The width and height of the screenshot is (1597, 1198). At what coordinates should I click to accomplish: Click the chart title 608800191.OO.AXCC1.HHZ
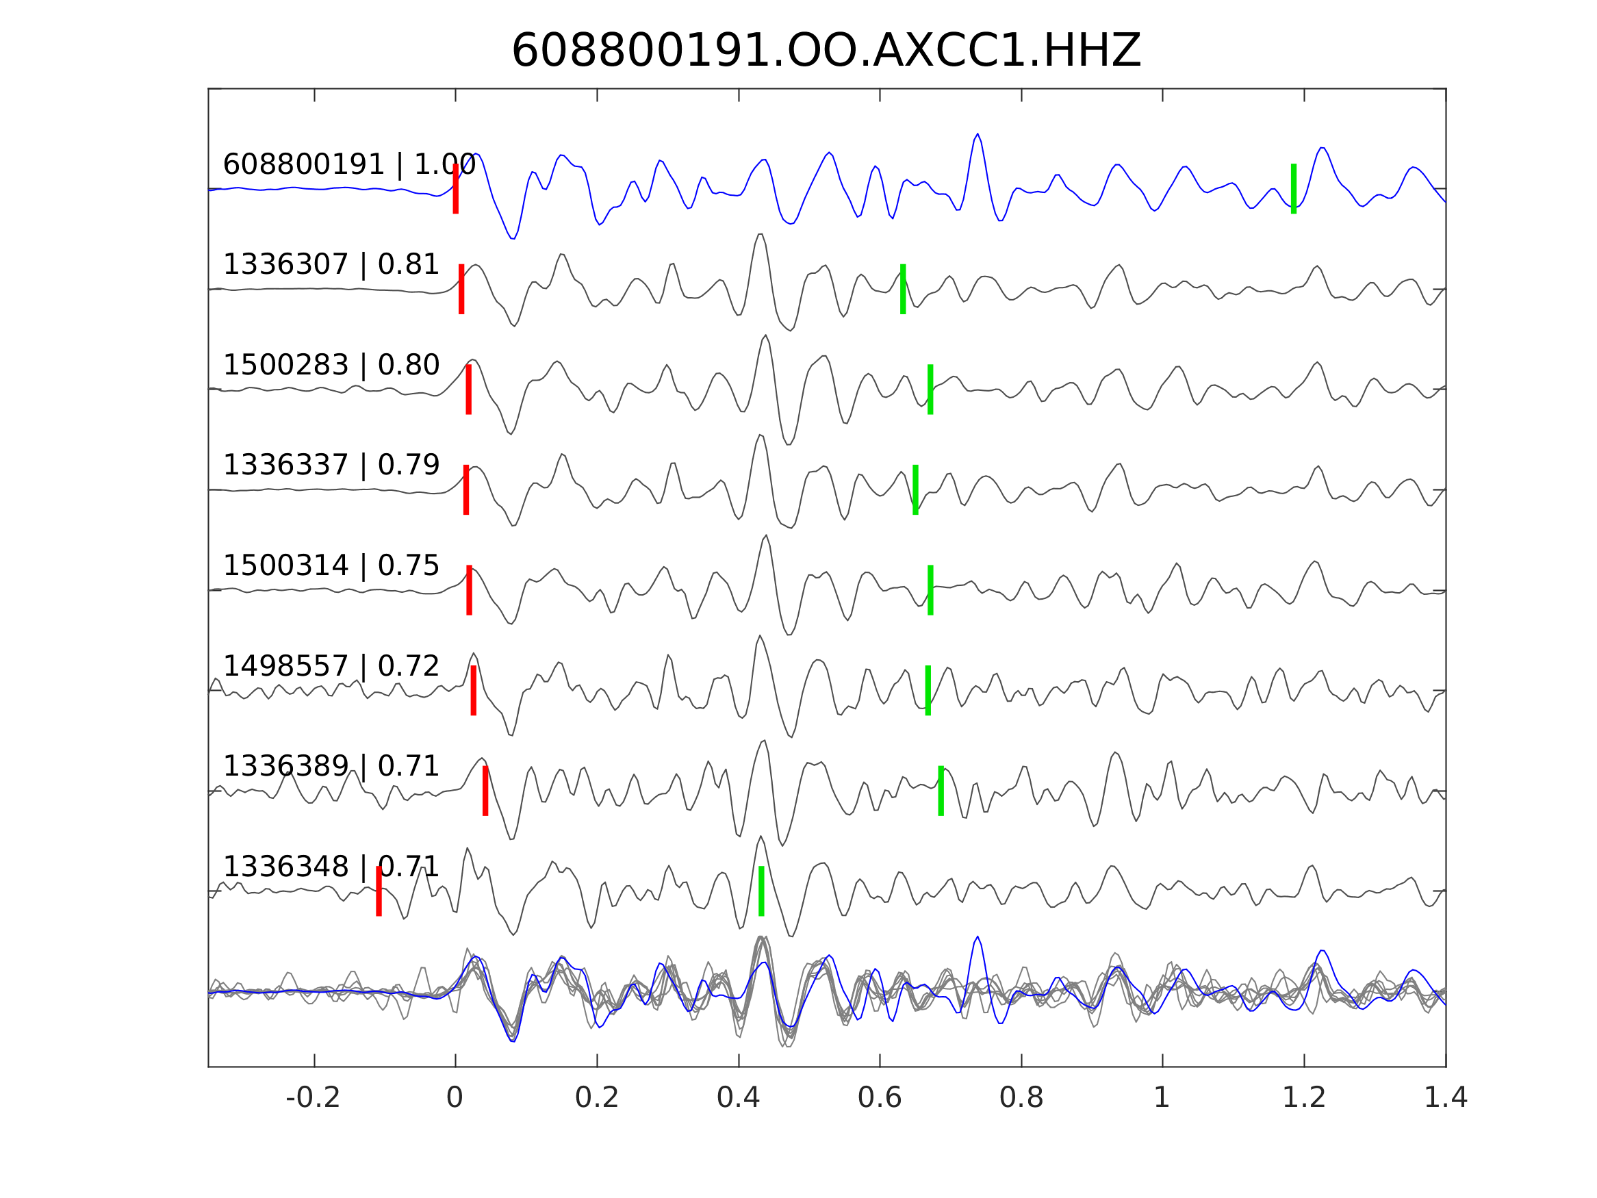coord(826,51)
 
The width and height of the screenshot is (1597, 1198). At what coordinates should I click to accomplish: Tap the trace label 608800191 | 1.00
coord(348,165)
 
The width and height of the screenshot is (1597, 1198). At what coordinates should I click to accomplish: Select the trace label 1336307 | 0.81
coord(331,265)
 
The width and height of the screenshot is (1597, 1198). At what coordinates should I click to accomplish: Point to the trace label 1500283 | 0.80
coord(331,366)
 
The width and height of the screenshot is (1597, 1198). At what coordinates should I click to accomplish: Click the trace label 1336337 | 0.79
coord(331,465)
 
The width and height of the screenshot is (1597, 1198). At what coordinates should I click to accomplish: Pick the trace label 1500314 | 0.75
coord(331,565)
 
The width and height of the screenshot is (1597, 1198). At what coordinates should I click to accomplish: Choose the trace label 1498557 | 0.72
coord(331,666)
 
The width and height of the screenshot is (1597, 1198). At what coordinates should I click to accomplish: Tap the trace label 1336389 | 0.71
coord(331,766)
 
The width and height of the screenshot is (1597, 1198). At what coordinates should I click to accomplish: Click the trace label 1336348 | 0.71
coord(331,867)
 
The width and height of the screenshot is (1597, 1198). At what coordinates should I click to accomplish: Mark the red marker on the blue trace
coord(456,188)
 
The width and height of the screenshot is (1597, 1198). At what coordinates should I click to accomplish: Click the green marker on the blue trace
coord(1294,188)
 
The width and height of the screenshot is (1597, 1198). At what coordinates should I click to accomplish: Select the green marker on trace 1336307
coord(903,289)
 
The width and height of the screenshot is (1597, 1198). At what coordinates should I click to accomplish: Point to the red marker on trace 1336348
coord(379,891)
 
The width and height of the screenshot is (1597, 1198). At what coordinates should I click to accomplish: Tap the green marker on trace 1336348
coord(762,891)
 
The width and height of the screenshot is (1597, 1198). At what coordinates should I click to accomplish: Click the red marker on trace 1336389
coord(485,791)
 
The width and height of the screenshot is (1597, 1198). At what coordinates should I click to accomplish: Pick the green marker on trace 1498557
coord(928,690)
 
